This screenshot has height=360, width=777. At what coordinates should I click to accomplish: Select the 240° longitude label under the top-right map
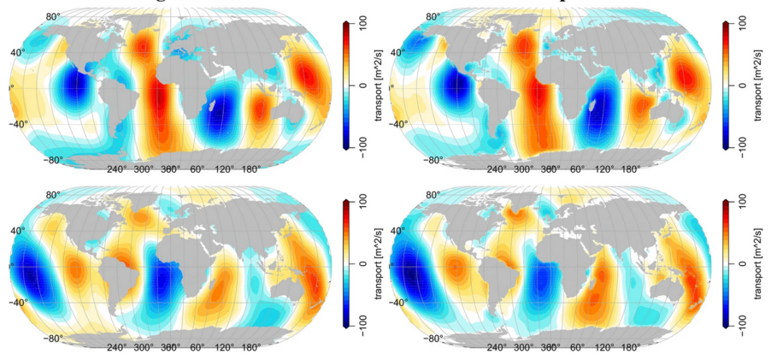point(498,169)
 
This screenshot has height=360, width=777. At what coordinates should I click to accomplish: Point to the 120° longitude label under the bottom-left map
point(223,348)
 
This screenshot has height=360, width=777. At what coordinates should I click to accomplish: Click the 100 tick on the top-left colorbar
point(362,24)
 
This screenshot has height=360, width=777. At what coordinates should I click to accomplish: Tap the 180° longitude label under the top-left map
point(250,169)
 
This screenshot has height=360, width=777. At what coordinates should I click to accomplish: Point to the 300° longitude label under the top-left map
point(143,169)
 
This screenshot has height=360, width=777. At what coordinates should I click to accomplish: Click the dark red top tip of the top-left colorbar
point(345,22)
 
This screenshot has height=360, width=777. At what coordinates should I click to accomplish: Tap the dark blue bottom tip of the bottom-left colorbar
point(345,327)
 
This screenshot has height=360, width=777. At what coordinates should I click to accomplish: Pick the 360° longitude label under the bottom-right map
point(550,348)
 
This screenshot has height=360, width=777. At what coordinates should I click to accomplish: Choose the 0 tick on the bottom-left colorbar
point(362,264)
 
